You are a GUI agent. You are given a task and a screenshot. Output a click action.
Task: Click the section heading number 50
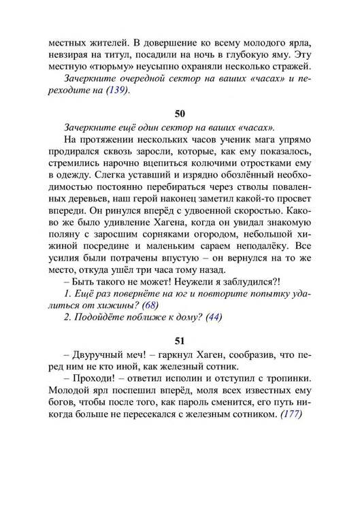click(x=180, y=114)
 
